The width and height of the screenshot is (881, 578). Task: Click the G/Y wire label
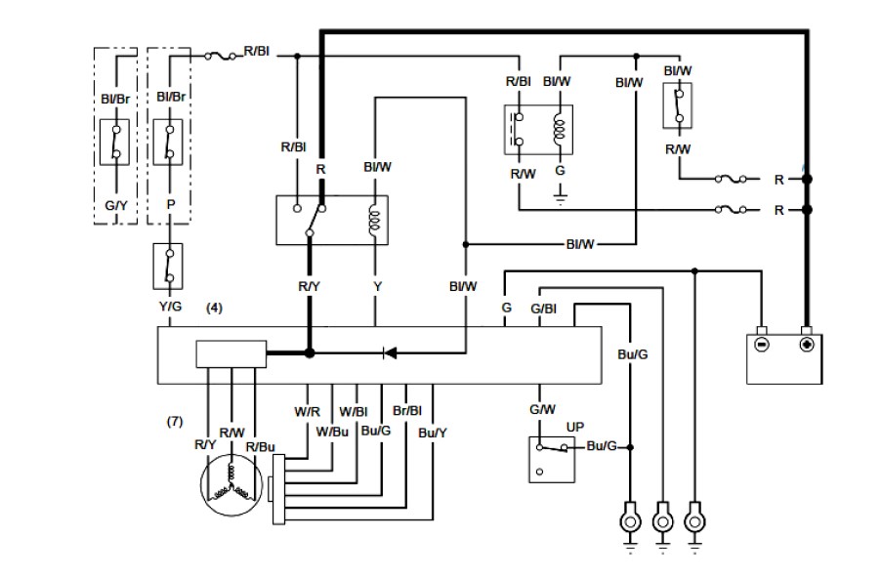116,206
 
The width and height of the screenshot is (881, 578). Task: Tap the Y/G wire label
170,307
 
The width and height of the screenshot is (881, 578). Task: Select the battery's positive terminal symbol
807,345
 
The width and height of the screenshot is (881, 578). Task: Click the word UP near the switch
575,428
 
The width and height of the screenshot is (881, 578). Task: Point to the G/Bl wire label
544,310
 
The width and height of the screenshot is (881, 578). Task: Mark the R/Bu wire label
260,446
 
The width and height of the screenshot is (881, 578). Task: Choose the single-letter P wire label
171,206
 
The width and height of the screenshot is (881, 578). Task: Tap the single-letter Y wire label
376,287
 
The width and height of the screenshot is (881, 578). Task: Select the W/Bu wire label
333,432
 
